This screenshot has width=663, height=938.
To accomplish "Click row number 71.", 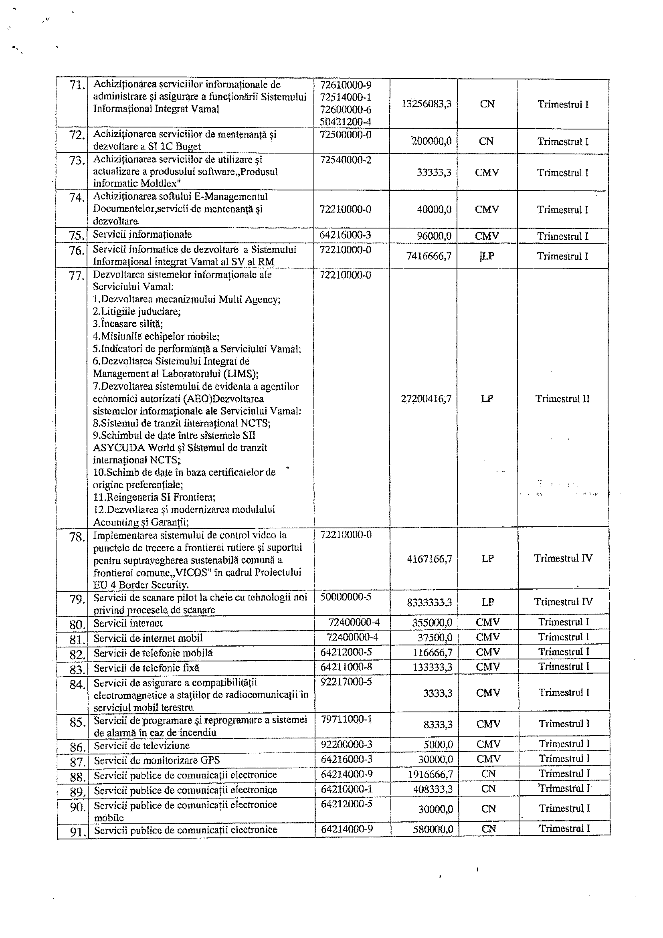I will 77,86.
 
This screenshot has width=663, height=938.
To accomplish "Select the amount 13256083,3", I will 426,104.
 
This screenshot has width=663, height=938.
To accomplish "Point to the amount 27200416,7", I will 426,399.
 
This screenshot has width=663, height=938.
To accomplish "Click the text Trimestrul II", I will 562,399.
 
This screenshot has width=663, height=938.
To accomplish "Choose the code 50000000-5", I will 346,597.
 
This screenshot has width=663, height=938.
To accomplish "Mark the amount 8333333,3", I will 429,602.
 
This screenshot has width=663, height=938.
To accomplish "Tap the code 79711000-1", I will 346,719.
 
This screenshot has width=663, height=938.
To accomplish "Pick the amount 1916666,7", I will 430,774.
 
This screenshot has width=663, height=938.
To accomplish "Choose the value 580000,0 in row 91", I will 433,818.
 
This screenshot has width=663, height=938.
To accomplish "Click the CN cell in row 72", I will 486,142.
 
